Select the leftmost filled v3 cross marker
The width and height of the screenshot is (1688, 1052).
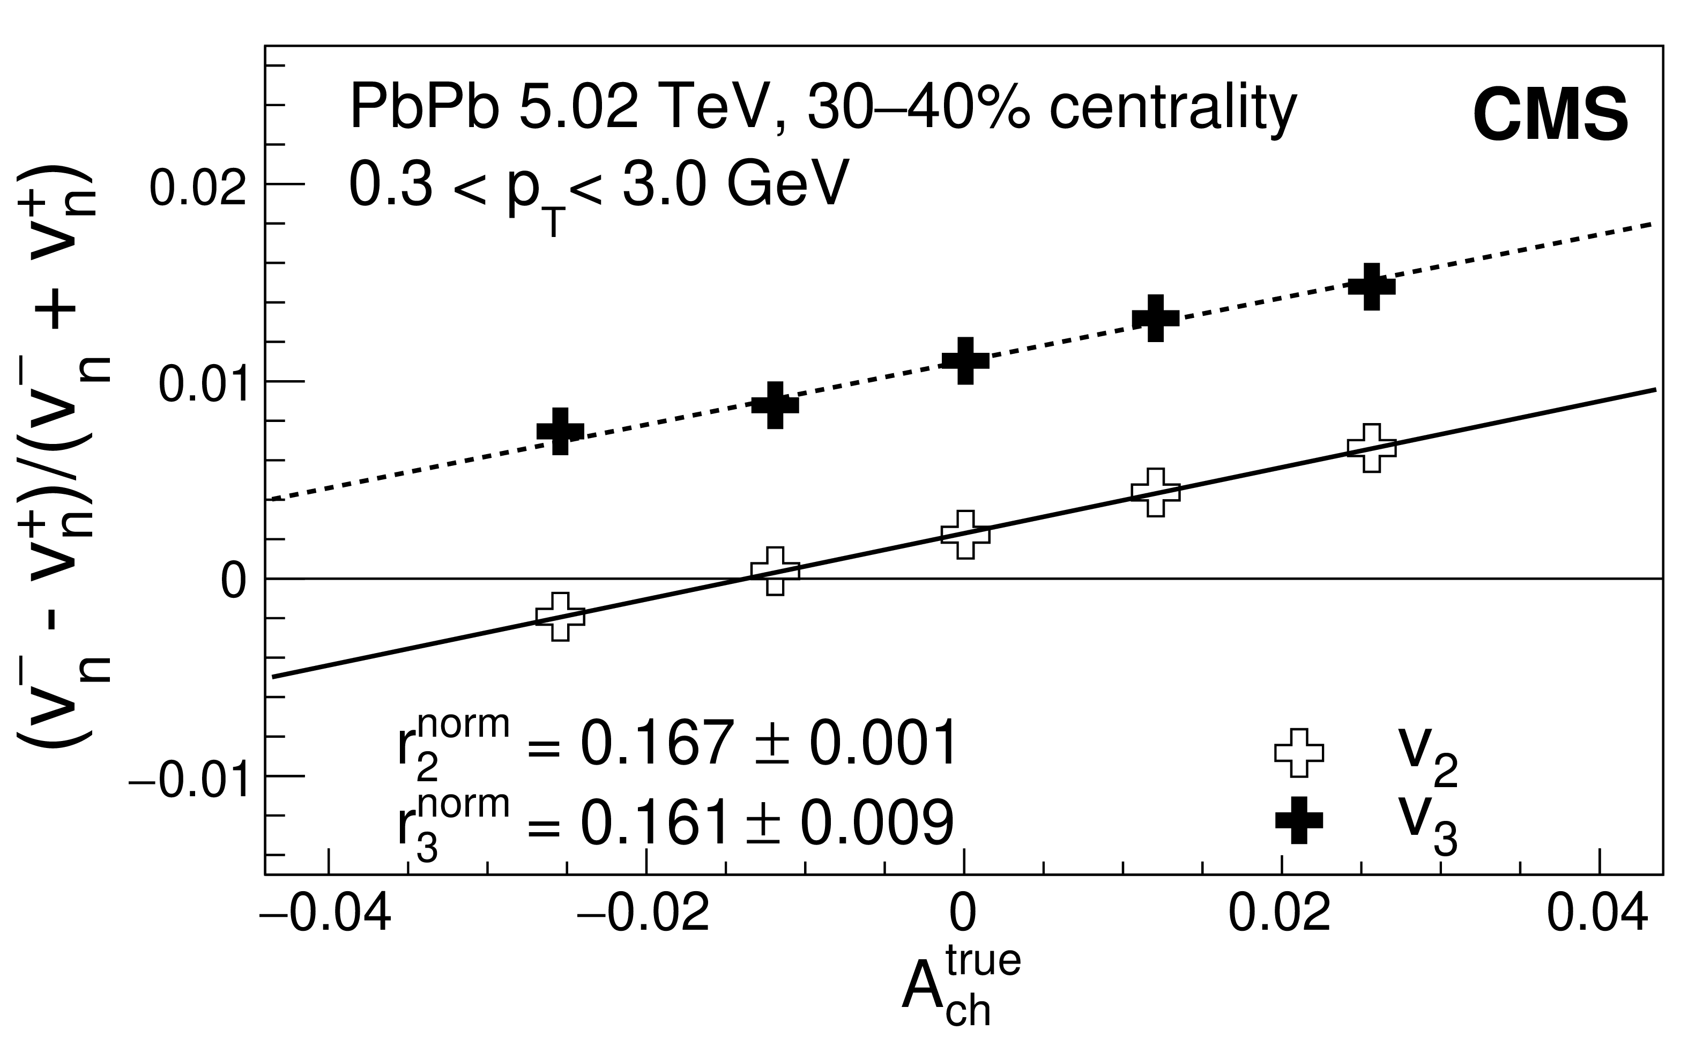[561, 431]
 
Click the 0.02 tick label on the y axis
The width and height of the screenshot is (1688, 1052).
[199, 187]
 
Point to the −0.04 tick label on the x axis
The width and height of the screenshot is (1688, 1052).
[325, 915]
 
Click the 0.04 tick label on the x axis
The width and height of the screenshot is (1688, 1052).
[1597, 915]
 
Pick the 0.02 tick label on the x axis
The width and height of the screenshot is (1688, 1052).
[1280, 915]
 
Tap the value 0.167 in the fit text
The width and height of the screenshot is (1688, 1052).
[657, 744]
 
